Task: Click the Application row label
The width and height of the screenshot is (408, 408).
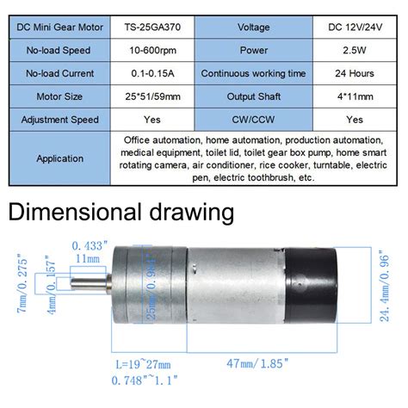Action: coord(59,158)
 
